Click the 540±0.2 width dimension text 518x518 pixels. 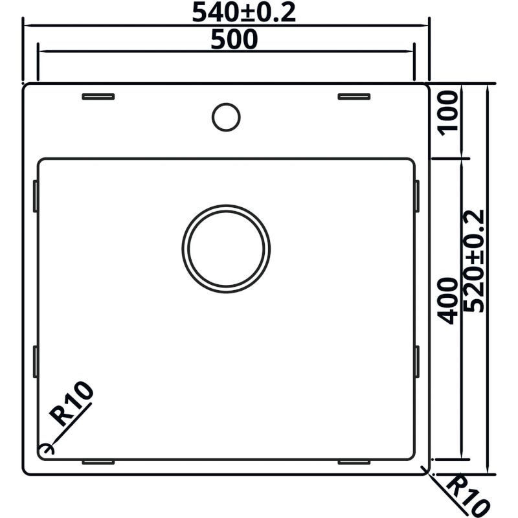pos(244,12)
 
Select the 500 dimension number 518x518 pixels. pos(234,39)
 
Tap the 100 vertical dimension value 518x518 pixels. pos(448,113)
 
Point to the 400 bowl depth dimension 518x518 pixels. pos(448,301)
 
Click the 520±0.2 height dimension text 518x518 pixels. pos(474,261)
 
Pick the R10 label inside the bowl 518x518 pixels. pos(71,403)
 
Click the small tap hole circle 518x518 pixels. pos(226,117)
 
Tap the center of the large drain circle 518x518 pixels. pos(226,249)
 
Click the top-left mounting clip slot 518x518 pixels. pos(98,96)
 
